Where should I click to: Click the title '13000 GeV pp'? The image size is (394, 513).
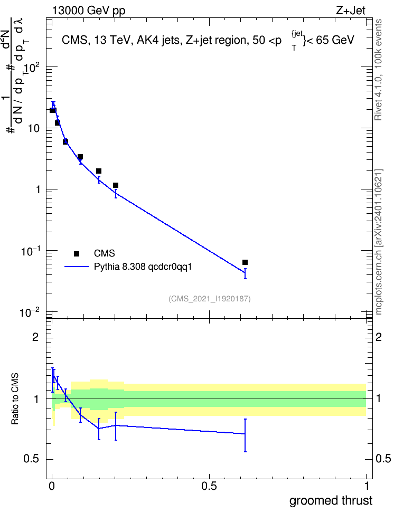tap(89, 11)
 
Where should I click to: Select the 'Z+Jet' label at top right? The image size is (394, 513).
tap(351, 11)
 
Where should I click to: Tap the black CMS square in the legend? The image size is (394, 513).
tap(77, 253)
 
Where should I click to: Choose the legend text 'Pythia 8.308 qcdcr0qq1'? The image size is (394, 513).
tap(143, 267)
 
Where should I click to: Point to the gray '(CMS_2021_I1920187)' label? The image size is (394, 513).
tap(210, 299)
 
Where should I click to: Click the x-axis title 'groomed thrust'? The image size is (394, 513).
tap(331, 500)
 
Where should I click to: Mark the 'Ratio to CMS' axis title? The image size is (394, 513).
tap(15, 399)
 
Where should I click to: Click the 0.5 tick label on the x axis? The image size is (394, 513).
tap(209, 486)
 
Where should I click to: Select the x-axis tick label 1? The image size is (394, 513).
tap(367, 486)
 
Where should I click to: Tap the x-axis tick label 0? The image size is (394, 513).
tap(52, 486)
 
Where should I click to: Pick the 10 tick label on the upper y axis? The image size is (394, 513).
tap(33, 128)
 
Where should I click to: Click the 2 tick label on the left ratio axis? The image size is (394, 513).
tap(35, 337)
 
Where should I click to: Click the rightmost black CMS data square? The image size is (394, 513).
tap(245, 262)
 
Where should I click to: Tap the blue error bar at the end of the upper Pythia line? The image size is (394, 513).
tap(245, 273)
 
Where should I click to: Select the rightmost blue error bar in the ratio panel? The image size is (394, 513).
tap(245, 435)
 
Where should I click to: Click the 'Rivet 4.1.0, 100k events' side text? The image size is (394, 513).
tap(378, 70)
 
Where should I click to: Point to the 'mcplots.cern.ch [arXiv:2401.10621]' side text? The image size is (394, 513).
tap(378, 242)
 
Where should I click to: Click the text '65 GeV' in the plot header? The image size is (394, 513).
tap(335, 40)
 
